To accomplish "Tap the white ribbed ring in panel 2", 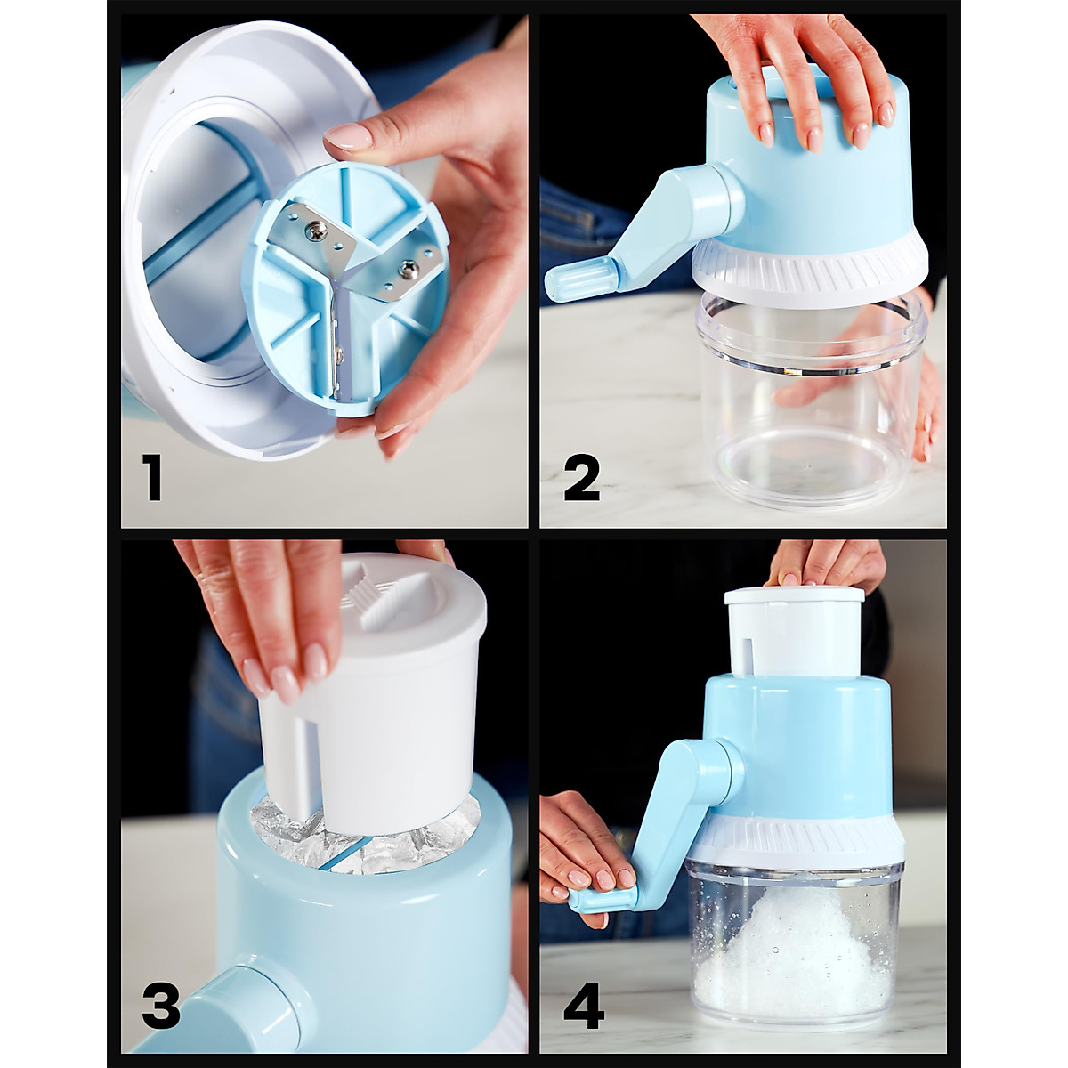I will click(x=810, y=267).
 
